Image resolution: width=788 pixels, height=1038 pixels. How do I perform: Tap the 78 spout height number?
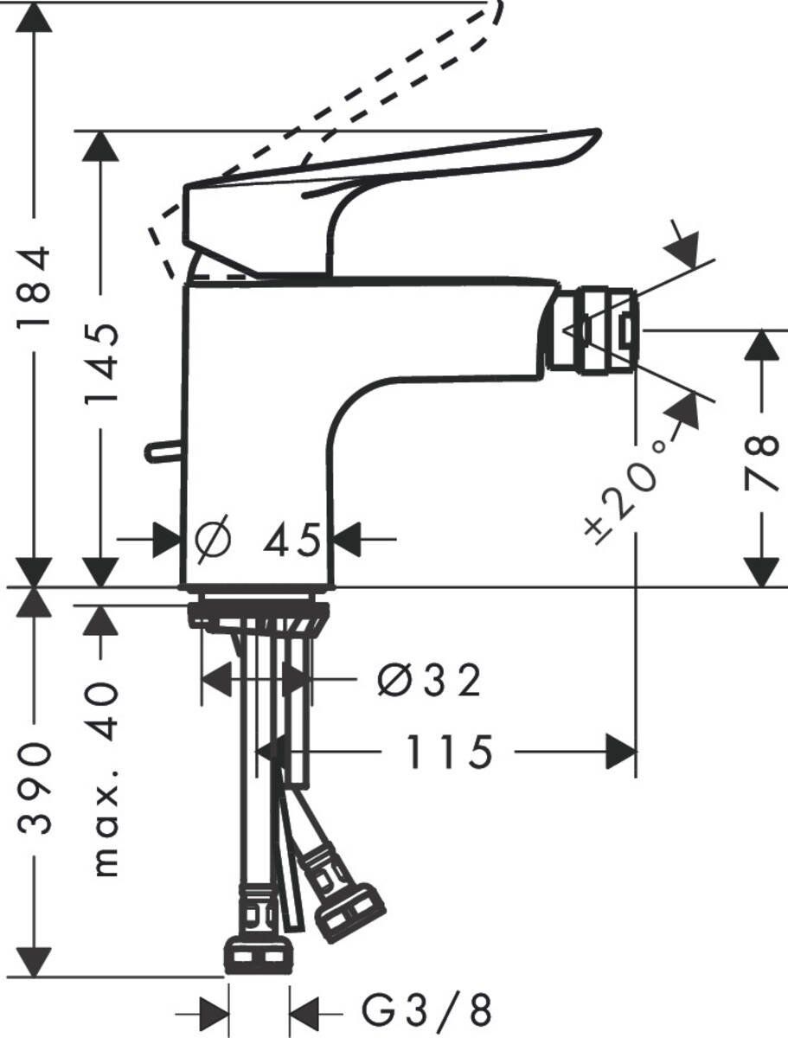(x=761, y=461)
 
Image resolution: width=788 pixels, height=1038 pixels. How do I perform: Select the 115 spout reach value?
(x=448, y=752)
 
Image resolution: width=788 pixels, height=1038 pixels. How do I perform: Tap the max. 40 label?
(x=105, y=778)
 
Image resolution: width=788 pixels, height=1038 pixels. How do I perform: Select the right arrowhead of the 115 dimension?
(x=620, y=752)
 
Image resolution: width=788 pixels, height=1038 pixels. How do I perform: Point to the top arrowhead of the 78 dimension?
(x=761, y=347)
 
